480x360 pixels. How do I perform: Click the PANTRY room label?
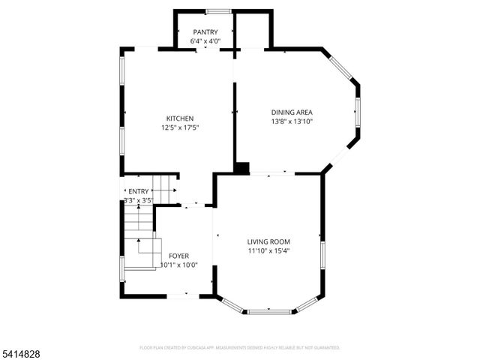tap(205, 31)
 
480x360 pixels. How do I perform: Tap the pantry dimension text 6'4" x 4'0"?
tap(205, 41)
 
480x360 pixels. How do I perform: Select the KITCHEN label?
tap(180, 118)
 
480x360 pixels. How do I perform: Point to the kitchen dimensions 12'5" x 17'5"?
tap(180, 127)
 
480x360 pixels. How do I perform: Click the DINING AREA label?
tap(292, 112)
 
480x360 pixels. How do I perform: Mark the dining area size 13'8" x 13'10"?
tap(292, 121)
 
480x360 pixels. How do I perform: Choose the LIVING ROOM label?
tap(268, 241)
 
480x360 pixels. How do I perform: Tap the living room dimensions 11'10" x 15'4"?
tap(268, 250)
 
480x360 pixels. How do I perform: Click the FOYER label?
tap(178, 256)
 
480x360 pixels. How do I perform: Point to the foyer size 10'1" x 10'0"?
tap(178, 265)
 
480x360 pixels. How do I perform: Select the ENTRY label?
tap(139, 191)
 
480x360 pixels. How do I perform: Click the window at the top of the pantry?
tap(218, 11)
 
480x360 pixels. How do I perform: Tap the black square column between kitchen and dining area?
tap(241, 168)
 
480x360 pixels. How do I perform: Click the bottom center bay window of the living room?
tap(269, 311)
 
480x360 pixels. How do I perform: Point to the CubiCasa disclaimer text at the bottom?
tap(240, 348)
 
